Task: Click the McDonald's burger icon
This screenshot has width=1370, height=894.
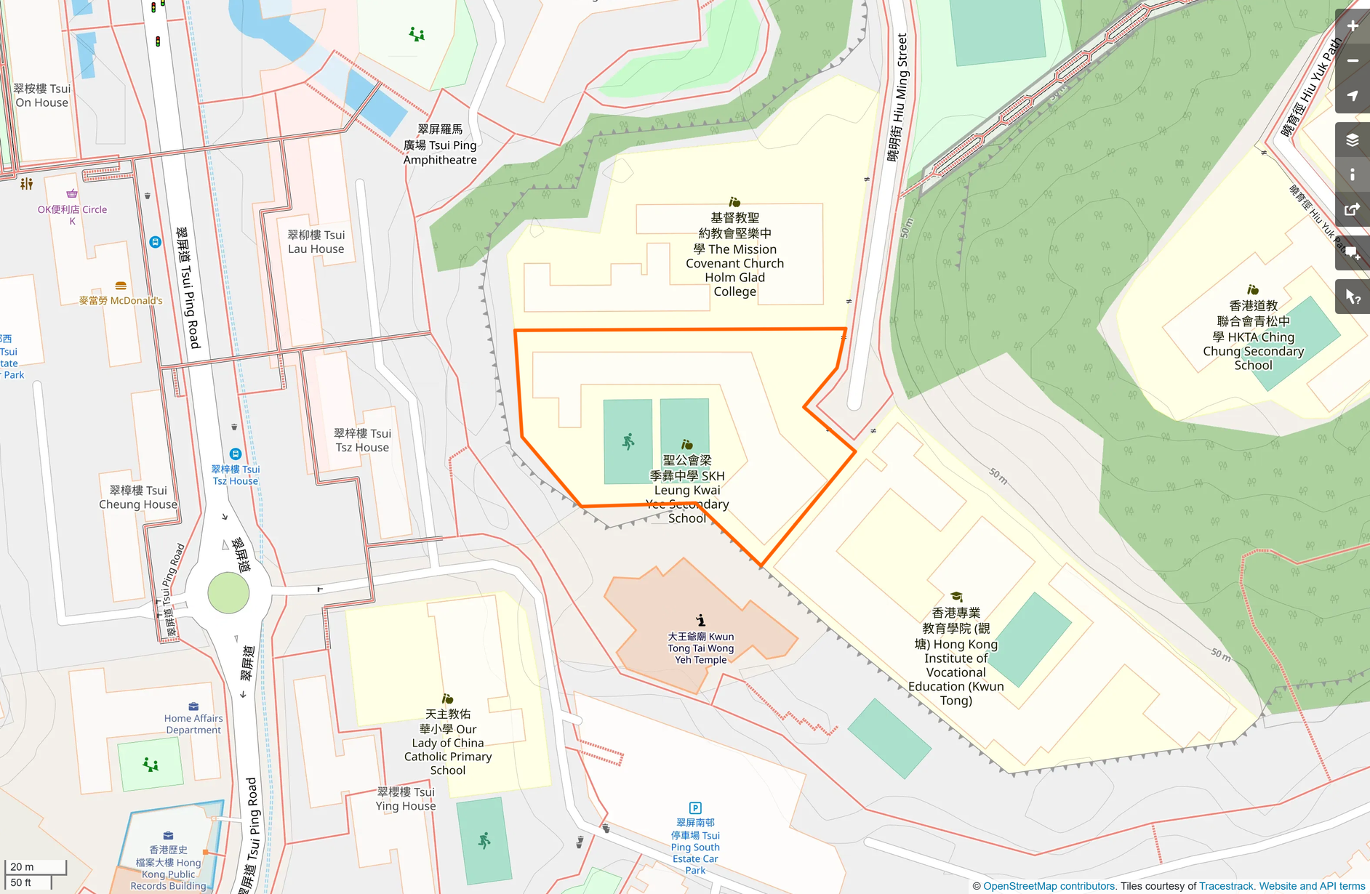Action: pyautogui.click(x=121, y=286)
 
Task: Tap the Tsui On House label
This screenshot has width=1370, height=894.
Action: pyautogui.click(x=42, y=95)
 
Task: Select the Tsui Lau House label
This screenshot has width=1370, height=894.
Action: pyautogui.click(x=316, y=242)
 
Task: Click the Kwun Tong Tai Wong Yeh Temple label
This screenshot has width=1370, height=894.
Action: pyautogui.click(x=700, y=648)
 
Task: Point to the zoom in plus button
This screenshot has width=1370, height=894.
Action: pyautogui.click(x=1352, y=26)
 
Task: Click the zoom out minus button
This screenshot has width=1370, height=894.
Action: pyautogui.click(x=1352, y=61)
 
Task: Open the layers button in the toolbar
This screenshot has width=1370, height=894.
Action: pyautogui.click(x=1352, y=140)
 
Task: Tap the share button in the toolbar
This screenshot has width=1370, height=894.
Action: pyautogui.click(x=1352, y=210)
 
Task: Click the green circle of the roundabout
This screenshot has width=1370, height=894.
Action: pyautogui.click(x=228, y=593)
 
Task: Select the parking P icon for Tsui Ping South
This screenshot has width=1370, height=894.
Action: pyautogui.click(x=695, y=808)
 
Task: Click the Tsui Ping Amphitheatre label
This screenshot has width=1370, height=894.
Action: pyautogui.click(x=440, y=145)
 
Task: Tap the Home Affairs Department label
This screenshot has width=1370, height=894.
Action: pyautogui.click(x=193, y=724)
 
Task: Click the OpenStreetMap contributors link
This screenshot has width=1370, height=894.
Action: pyautogui.click(x=1049, y=886)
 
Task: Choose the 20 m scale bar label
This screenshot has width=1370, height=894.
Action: pyautogui.click(x=22, y=866)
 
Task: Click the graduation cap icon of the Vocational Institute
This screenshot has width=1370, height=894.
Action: pyautogui.click(x=956, y=597)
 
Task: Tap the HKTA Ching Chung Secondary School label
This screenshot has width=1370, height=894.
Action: pyautogui.click(x=1253, y=336)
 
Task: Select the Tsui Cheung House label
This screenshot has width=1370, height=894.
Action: pyautogui.click(x=138, y=497)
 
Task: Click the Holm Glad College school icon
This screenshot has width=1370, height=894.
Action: pyautogui.click(x=734, y=202)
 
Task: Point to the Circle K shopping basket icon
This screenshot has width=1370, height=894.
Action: pyautogui.click(x=72, y=193)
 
